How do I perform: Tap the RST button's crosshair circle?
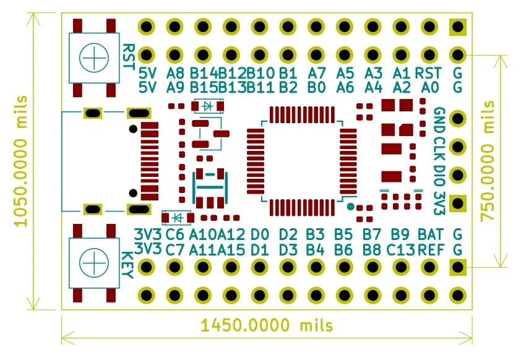[94, 59]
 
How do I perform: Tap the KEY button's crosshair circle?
[94, 264]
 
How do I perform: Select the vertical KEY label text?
[129, 265]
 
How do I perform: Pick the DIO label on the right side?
[439, 175]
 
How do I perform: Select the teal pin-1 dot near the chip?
[351, 207]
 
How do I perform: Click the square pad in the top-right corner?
[458, 27]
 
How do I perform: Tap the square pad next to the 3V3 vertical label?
[458, 203]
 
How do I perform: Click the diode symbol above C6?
[178, 218]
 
